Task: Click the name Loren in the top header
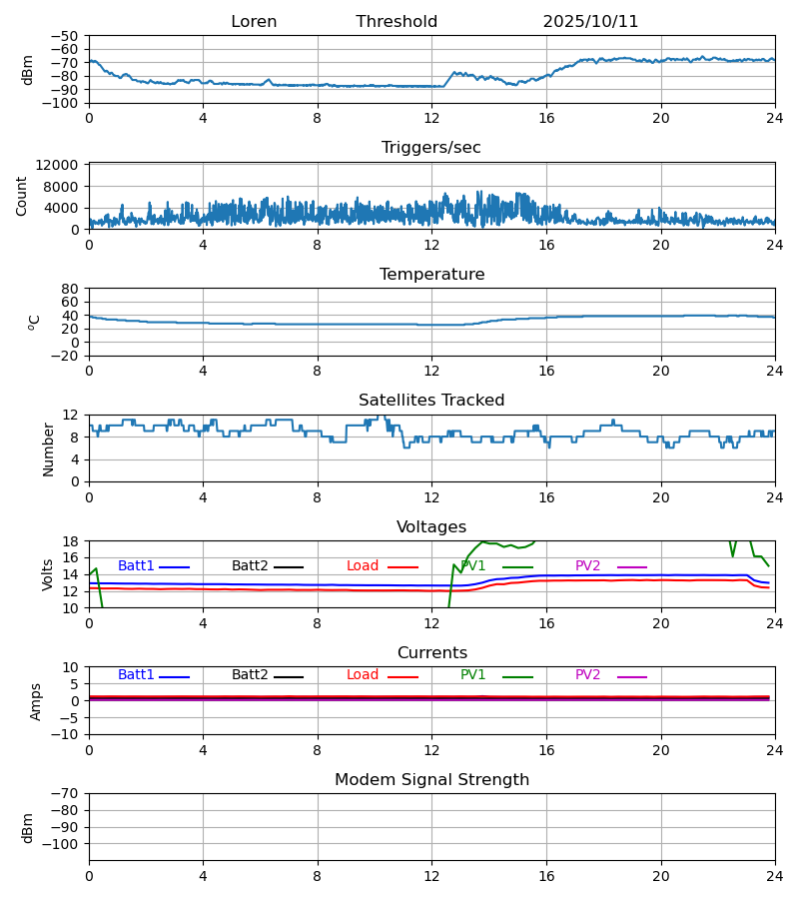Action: (x=254, y=22)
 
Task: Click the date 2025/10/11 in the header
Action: (x=590, y=22)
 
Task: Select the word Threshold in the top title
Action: (x=397, y=22)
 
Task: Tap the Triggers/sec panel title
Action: (x=431, y=148)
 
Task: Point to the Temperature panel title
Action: (x=431, y=275)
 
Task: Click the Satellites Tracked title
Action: (x=431, y=401)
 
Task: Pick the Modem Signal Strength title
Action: (x=431, y=780)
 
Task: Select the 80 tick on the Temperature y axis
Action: (x=70, y=289)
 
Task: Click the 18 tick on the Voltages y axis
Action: (x=70, y=541)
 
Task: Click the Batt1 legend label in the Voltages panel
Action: (x=136, y=566)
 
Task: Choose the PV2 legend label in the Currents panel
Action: (x=587, y=675)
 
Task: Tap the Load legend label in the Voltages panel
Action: (x=363, y=566)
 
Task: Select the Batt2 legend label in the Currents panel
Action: (x=250, y=675)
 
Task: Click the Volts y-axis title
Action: (x=48, y=574)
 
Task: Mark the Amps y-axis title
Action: (x=37, y=701)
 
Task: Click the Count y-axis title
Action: (x=22, y=196)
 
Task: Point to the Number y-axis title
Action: (x=48, y=449)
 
